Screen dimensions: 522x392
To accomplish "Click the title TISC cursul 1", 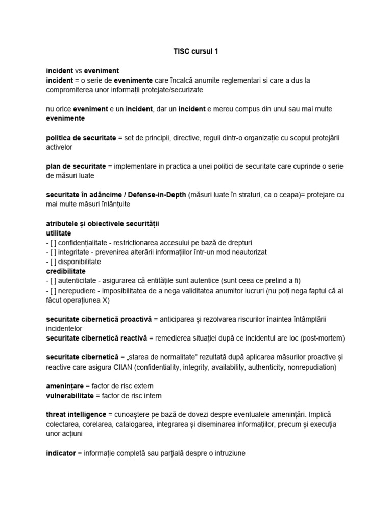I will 196,51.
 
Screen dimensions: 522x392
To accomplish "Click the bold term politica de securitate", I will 81,138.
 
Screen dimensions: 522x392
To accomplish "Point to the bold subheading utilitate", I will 59,233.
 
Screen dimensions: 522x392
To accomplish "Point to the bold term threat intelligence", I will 76,414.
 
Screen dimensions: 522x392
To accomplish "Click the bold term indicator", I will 60,453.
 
